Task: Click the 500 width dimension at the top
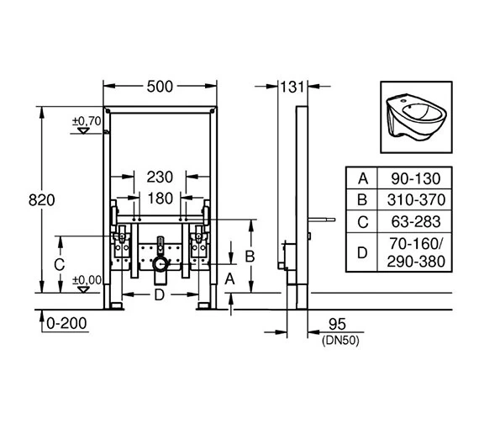[x=161, y=85]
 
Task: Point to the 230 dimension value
[x=160, y=177]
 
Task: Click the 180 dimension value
[x=160, y=199]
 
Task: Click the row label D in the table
[x=363, y=252]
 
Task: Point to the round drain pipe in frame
[x=160, y=262]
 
